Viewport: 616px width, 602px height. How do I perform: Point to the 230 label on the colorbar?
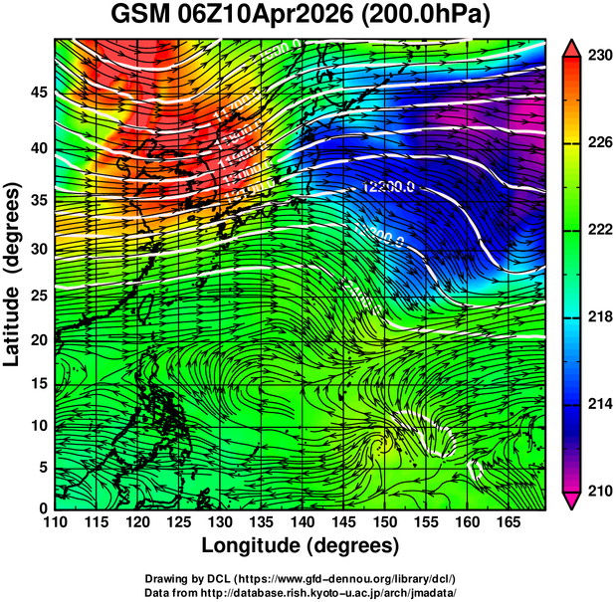599,56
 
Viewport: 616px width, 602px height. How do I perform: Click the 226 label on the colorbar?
599,142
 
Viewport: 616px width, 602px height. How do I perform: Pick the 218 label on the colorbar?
599,316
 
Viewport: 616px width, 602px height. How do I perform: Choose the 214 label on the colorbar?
599,404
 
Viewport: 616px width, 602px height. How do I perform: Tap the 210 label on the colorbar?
599,491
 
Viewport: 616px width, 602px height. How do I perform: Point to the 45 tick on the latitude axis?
38,93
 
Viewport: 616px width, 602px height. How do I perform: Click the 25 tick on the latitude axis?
38,295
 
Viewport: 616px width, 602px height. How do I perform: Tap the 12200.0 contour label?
386,186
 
